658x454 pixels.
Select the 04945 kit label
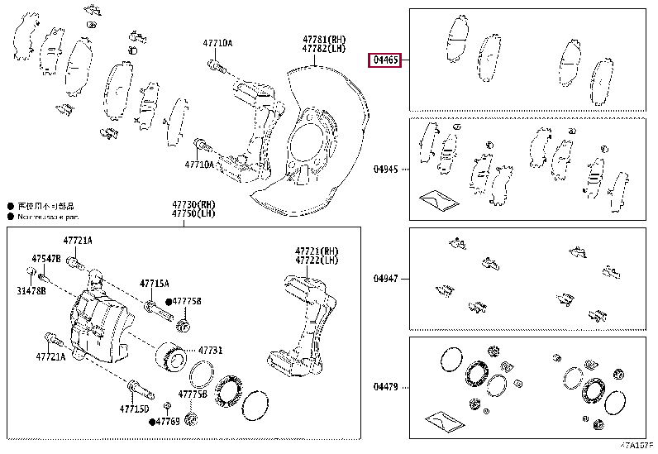coord(386,170)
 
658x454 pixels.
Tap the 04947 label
coord(386,279)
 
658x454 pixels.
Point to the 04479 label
coord(386,386)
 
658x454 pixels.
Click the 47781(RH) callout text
coord(323,40)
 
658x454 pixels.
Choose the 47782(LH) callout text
coord(323,50)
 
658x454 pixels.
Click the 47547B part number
coord(46,259)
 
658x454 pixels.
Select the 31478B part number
coord(34,292)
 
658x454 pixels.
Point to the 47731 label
coord(210,351)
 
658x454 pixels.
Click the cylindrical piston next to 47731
coord(173,356)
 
